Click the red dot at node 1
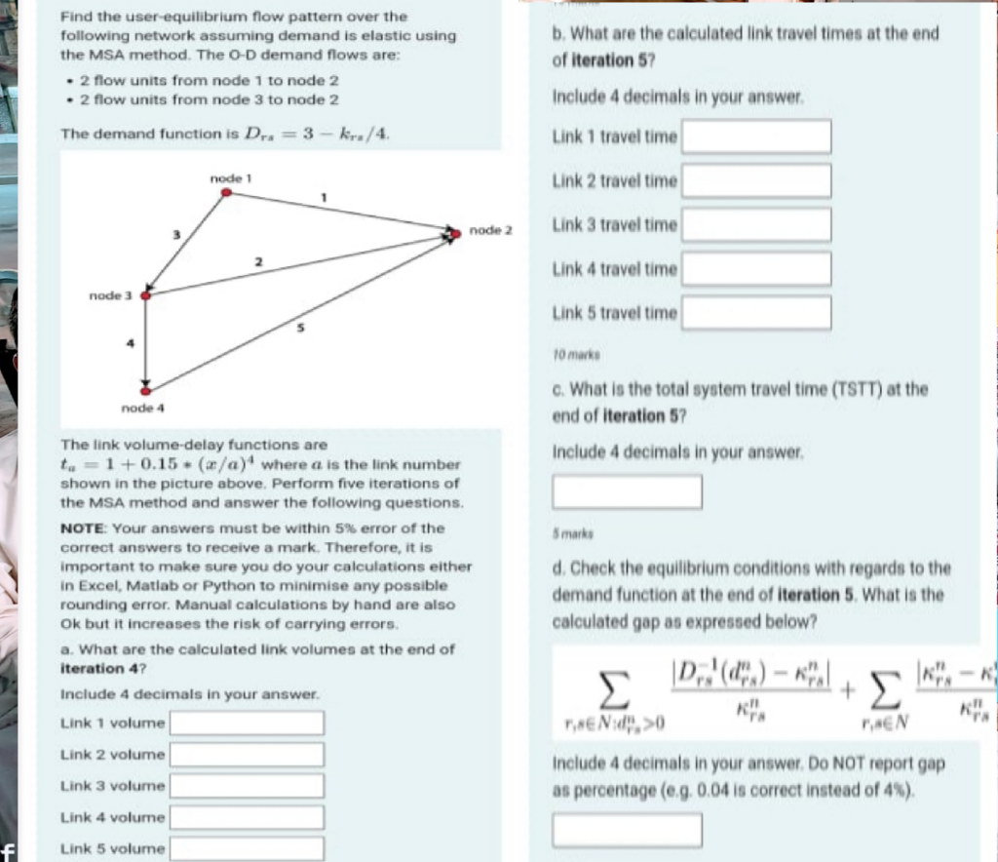(x=226, y=193)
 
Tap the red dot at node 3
(x=146, y=294)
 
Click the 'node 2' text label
(x=490, y=230)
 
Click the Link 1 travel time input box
(x=756, y=137)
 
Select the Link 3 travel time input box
(x=756, y=224)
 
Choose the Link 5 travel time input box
(x=756, y=313)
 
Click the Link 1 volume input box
(x=248, y=724)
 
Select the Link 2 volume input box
(x=248, y=755)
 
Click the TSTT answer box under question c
(x=628, y=491)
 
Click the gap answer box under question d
(x=628, y=829)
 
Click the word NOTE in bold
(x=82, y=529)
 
